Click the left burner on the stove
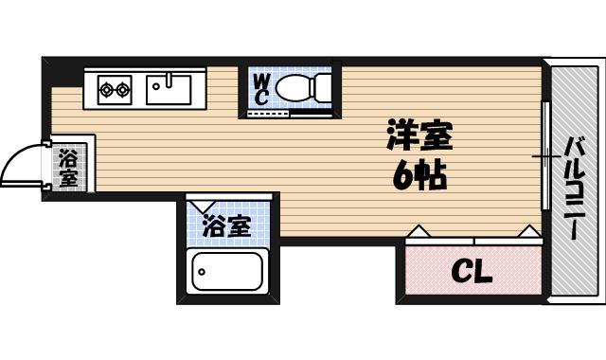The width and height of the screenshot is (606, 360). pyautogui.click(x=106, y=90)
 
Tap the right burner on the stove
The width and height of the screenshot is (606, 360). pyautogui.click(x=123, y=90)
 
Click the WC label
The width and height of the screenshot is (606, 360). pyautogui.click(x=261, y=89)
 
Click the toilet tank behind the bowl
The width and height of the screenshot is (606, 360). pyautogui.click(x=326, y=89)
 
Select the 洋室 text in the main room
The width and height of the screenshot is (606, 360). pyautogui.click(x=419, y=135)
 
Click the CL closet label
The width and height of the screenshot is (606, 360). pyautogui.click(x=471, y=273)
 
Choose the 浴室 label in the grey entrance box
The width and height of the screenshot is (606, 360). pyautogui.click(x=68, y=167)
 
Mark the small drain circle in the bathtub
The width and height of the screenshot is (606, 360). pyautogui.click(x=201, y=273)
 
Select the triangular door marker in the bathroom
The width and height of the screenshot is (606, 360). pyautogui.click(x=201, y=203)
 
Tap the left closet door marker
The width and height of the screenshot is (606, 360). pyautogui.click(x=418, y=230)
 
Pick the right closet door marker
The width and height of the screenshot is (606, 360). pyautogui.click(x=528, y=230)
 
